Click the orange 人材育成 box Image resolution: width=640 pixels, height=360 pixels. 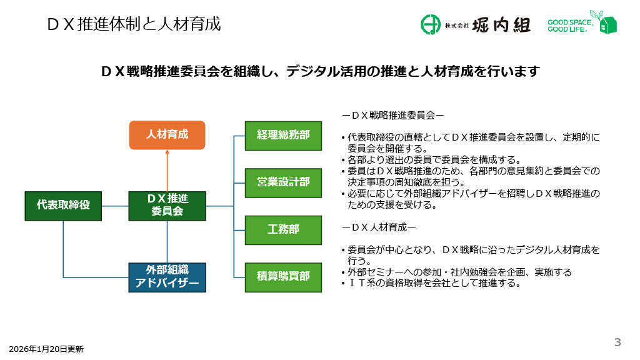point(167,135)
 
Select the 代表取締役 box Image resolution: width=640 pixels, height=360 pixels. point(63,206)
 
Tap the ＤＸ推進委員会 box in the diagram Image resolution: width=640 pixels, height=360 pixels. point(167,206)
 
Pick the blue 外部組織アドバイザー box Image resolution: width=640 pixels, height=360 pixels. point(167,277)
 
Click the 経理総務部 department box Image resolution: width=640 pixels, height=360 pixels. point(283,135)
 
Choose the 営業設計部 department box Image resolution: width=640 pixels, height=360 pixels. point(283,182)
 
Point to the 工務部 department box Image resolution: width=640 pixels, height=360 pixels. point(283,229)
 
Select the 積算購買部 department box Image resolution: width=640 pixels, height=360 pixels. point(283,276)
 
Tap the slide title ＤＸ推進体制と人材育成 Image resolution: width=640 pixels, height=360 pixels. point(134,24)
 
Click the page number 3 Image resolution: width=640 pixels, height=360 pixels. point(617,342)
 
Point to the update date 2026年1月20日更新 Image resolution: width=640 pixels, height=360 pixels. point(46,349)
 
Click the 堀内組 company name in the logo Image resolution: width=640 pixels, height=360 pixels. point(501,25)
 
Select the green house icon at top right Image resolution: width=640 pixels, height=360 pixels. point(606,22)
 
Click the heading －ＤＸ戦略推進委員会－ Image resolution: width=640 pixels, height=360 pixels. point(392,115)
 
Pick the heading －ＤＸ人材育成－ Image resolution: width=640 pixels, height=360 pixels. point(379,226)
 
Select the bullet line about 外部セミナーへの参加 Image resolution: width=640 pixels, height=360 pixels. point(459,272)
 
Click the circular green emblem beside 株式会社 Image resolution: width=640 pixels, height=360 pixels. point(431,24)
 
